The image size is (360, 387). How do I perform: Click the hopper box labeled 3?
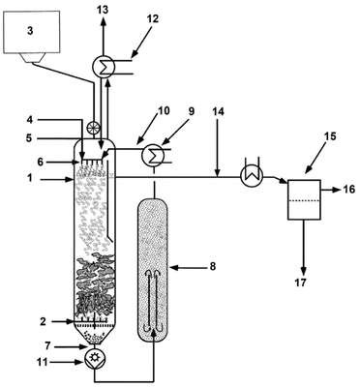click(x=31, y=32)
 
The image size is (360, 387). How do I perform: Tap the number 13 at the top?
click(x=103, y=10)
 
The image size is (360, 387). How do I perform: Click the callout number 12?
click(x=152, y=18)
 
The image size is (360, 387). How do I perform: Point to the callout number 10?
click(x=163, y=110)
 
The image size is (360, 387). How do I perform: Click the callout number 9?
click(x=192, y=111)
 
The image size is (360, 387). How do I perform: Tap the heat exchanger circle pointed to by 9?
click(x=153, y=155)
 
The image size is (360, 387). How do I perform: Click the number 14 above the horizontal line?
click(x=218, y=112)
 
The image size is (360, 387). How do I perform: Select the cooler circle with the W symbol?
click(x=252, y=175)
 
